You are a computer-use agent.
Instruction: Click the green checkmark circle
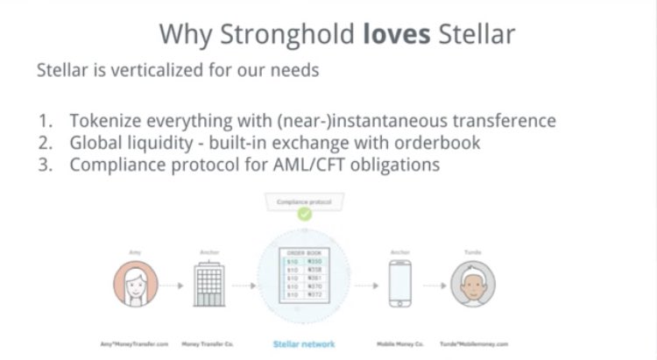pyautogui.click(x=303, y=213)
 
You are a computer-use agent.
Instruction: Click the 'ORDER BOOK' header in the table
pyautogui.click(x=303, y=252)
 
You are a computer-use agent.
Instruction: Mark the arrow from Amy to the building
pyautogui.click(x=173, y=286)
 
